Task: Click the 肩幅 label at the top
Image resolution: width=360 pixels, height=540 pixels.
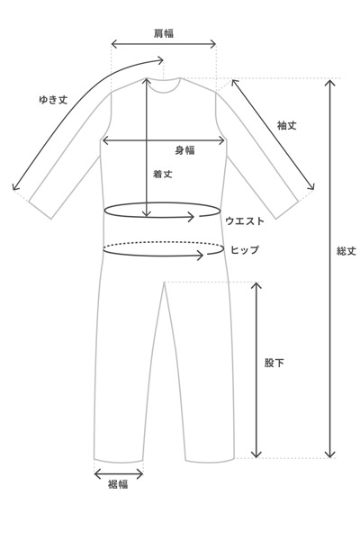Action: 163,33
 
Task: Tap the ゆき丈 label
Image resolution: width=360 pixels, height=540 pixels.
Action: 53,100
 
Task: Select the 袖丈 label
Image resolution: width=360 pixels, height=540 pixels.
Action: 286,126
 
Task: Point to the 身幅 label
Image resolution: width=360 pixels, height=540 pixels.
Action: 184,150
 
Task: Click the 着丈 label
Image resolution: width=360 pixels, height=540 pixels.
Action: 163,174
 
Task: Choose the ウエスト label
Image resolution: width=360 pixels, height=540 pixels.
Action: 245,220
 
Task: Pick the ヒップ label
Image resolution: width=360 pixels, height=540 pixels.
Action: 245,249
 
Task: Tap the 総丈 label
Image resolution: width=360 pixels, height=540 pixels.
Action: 346,251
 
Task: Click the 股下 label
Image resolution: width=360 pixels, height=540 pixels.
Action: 274,363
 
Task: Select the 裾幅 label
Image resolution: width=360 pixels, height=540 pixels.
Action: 118,484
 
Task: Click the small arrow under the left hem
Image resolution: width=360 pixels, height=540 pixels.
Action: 119,474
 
